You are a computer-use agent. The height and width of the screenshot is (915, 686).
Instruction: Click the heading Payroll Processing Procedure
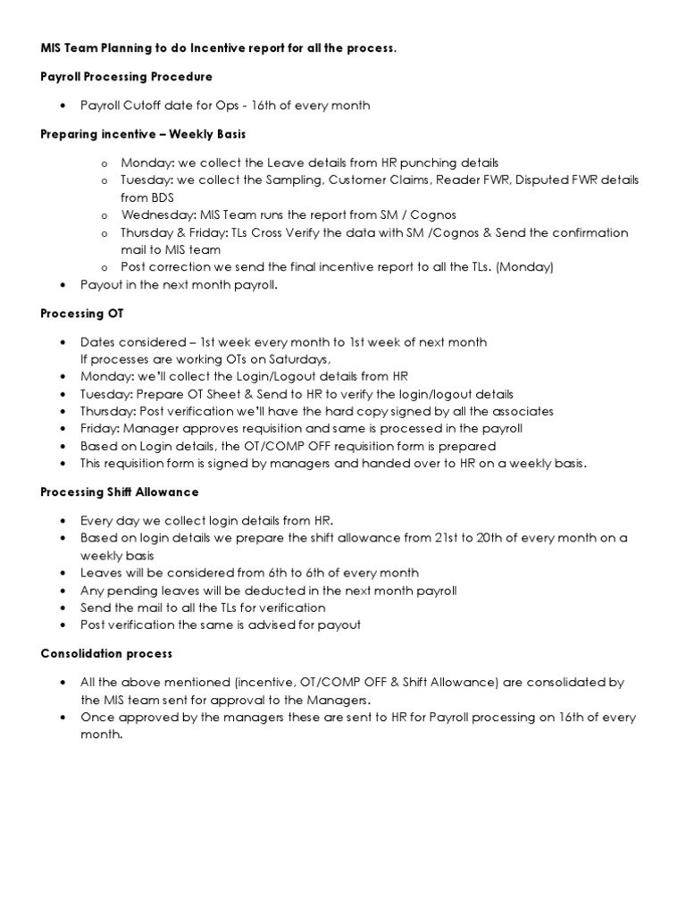pyautogui.click(x=127, y=77)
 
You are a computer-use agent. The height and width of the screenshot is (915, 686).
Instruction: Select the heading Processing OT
pyautogui.click(x=82, y=314)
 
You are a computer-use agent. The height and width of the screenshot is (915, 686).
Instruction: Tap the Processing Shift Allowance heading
pyautogui.click(x=120, y=491)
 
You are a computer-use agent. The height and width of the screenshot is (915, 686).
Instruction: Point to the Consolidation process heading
pyautogui.click(x=106, y=653)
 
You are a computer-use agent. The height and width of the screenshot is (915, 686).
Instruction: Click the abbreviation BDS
pyautogui.click(x=161, y=197)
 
